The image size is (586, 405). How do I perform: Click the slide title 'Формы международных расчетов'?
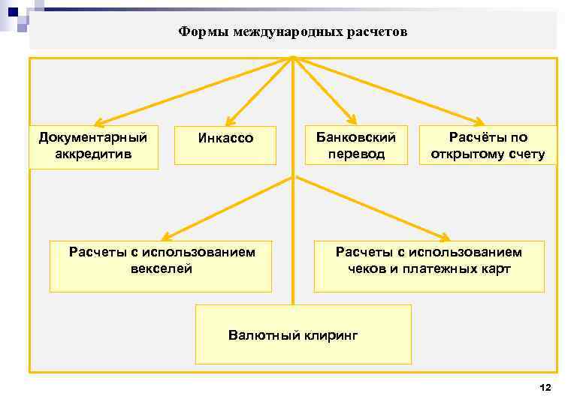coord(293,32)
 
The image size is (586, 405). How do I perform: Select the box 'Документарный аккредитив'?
coord(93,146)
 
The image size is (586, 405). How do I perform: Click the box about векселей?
coord(161,265)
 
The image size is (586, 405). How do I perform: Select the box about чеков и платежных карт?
coord(428,265)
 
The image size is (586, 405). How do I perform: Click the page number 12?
coord(545,387)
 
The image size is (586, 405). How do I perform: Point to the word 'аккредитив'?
coord(93,154)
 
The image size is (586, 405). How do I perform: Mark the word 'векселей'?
coord(162,268)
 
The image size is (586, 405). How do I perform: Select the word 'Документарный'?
coord(93,137)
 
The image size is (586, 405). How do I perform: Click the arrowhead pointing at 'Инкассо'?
coord(229,122)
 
